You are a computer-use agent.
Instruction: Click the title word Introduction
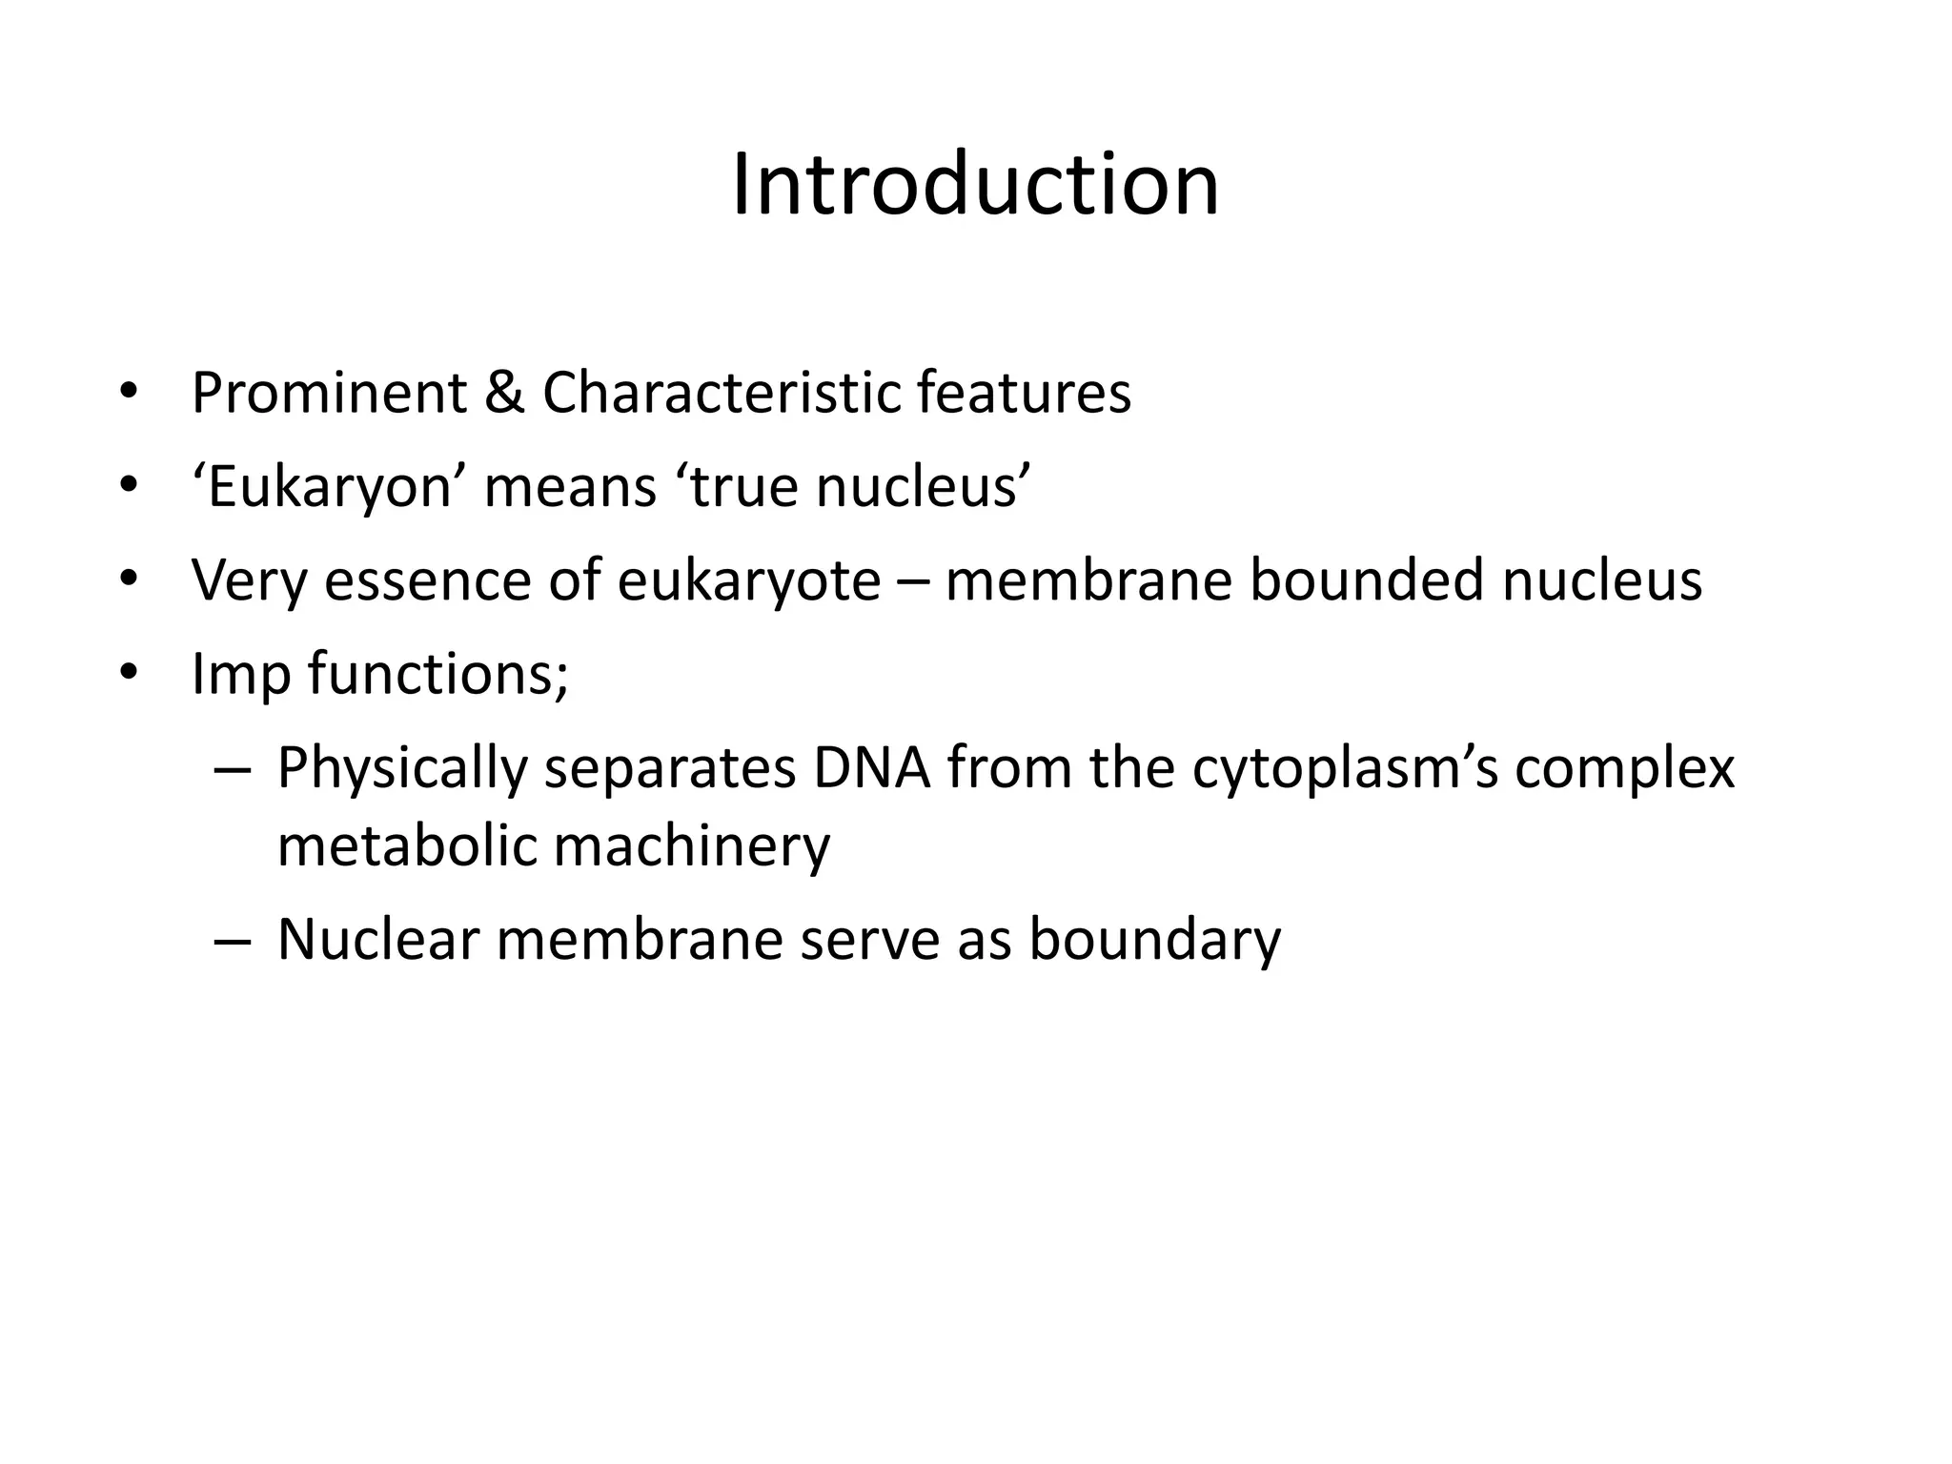[975, 185]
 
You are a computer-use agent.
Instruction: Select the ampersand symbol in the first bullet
[504, 393]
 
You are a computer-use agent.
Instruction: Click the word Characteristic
[721, 393]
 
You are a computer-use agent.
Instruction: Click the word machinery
[691, 847]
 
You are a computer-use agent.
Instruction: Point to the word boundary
[1155, 941]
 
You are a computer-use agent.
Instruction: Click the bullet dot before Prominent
[129, 393]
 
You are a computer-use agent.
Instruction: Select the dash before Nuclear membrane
[233, 941]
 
